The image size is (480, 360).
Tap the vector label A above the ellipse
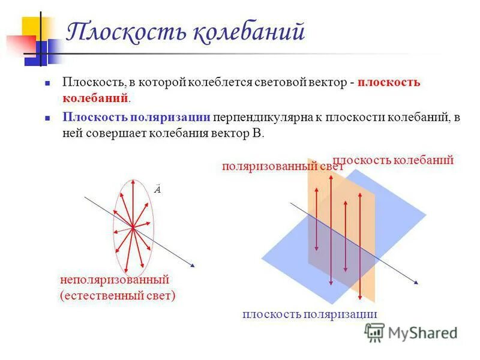[157, 190]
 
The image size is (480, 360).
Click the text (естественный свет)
[117, 296]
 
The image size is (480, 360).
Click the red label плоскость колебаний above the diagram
[393, 160]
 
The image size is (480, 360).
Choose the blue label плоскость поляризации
[310, 314]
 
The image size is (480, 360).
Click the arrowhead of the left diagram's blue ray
[193, 264]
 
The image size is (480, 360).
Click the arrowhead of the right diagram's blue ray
[415, 281]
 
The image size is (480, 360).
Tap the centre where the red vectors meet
[132, 227]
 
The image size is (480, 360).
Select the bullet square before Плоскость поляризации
[47, 118]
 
